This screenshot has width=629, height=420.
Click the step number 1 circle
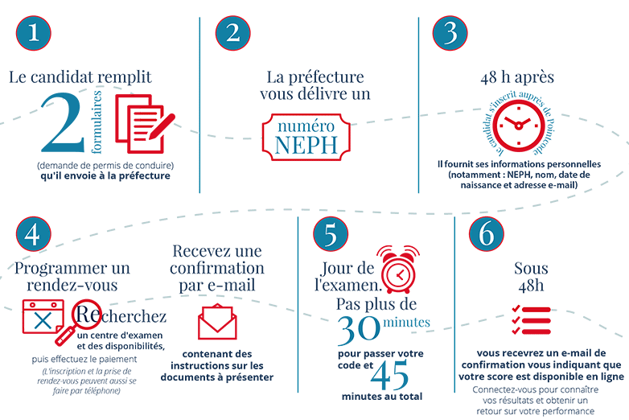coord(34,33)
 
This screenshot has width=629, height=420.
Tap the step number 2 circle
coord(233,33)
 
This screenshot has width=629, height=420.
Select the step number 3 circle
coord(450,33)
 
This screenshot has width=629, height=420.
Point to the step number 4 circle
coord(34,234)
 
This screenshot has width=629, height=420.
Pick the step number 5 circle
coord(331,234)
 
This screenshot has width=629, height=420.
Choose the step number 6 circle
coord(486,234)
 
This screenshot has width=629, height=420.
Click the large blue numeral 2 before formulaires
coord(63,123)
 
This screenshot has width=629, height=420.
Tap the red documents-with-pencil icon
coord(145,124)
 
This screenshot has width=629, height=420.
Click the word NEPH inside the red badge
coord(306,145)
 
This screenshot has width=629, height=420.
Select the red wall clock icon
coord(519,126)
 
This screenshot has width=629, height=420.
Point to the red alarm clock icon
coord(398,270)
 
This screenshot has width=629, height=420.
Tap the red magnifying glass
coord(80,321)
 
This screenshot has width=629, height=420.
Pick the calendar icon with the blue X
coord(43,316)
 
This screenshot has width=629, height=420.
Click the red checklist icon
coord(531,320)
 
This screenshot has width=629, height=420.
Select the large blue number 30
coord(359,330)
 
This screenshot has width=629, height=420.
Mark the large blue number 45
coord(389,375)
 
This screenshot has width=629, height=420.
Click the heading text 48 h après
coord(517,77)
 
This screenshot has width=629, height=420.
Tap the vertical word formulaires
coord(97,122)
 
